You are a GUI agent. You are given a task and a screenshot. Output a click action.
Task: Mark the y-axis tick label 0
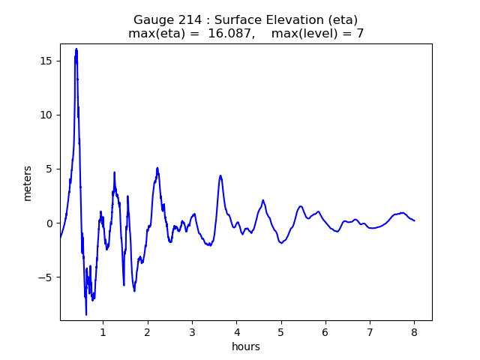50,223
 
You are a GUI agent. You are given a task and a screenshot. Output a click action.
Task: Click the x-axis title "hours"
246,346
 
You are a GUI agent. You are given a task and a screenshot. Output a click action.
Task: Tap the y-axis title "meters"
28,183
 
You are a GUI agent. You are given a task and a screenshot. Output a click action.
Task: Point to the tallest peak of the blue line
76,49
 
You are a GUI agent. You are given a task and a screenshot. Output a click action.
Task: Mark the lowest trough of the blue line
86,314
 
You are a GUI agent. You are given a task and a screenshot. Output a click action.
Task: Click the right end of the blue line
414,220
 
